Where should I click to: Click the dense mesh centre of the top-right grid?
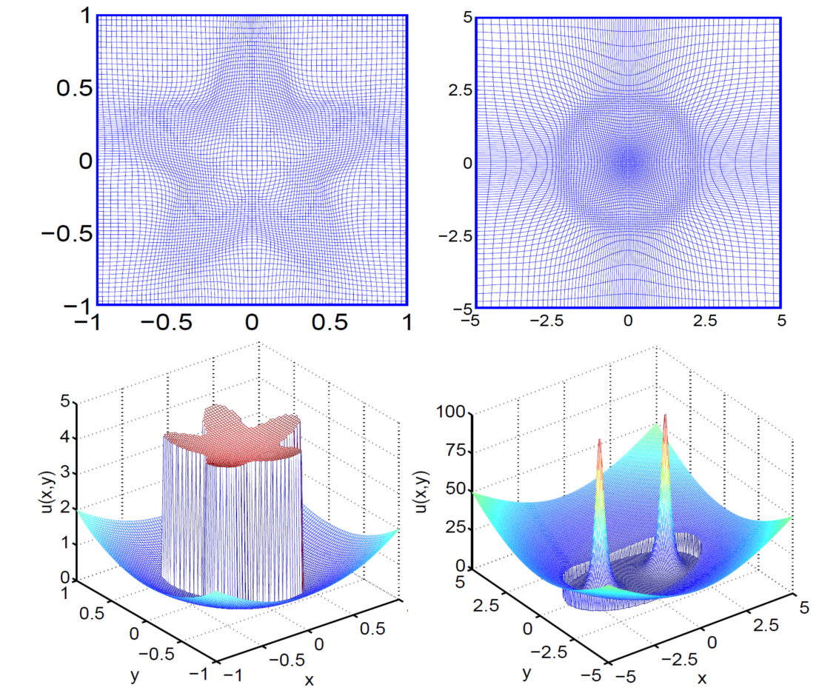(629, 161)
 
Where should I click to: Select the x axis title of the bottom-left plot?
(309, 679)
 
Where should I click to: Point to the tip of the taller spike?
(665, 416)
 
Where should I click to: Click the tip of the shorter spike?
(599, 441)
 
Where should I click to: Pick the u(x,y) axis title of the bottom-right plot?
(424, 489)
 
